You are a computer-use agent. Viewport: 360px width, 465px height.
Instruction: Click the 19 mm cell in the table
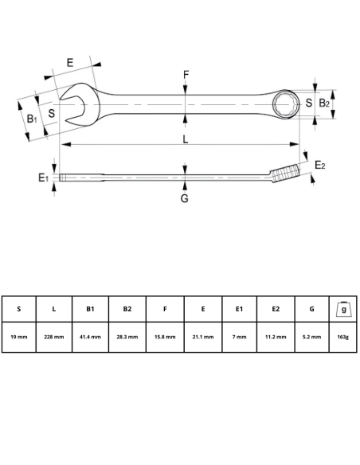19,337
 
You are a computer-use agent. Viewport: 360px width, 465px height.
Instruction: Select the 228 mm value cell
54,337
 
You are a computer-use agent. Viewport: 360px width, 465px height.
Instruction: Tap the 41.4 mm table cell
90,337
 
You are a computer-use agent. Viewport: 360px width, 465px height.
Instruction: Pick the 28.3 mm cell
127,337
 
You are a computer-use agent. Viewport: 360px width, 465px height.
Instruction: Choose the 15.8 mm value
165,337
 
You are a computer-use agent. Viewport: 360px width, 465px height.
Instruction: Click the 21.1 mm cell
202,337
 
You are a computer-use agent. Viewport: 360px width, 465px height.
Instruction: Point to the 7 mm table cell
239,337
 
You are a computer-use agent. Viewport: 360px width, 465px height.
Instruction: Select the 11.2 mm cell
276,337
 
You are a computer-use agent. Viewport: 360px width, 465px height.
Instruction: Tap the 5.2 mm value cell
312,337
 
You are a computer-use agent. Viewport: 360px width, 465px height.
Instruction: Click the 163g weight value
343,337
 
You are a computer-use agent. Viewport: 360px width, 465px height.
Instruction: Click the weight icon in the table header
343,308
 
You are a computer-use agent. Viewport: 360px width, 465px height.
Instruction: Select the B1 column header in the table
90,309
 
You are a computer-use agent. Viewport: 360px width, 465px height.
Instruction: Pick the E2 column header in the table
276,309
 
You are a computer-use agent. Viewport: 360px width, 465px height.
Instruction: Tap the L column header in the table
54,309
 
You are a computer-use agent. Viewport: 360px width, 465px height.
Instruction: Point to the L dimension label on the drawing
185,139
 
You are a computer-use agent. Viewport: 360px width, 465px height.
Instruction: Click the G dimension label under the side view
184,198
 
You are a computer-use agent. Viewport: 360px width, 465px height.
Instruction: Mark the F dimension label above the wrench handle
186,76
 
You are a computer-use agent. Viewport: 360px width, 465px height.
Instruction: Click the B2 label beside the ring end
324,104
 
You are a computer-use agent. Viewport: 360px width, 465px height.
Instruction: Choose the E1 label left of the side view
44,178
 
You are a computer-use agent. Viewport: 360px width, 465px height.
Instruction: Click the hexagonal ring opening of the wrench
285,104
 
